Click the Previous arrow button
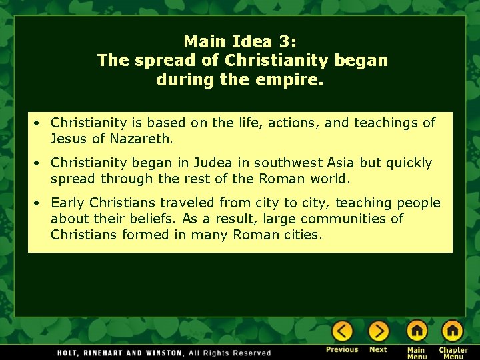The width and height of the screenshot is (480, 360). tap(343, 331)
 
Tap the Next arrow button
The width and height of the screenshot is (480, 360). tap(379, 331)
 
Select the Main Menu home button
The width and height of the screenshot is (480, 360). tap(417, 331)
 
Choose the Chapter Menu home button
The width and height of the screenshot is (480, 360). tap(453, 331)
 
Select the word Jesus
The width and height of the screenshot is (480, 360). tap(68, 139)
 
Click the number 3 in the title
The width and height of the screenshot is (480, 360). tap(289, 41)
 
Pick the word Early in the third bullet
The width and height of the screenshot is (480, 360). tap(69, 203)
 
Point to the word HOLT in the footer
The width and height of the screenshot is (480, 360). tap(70, 353)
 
